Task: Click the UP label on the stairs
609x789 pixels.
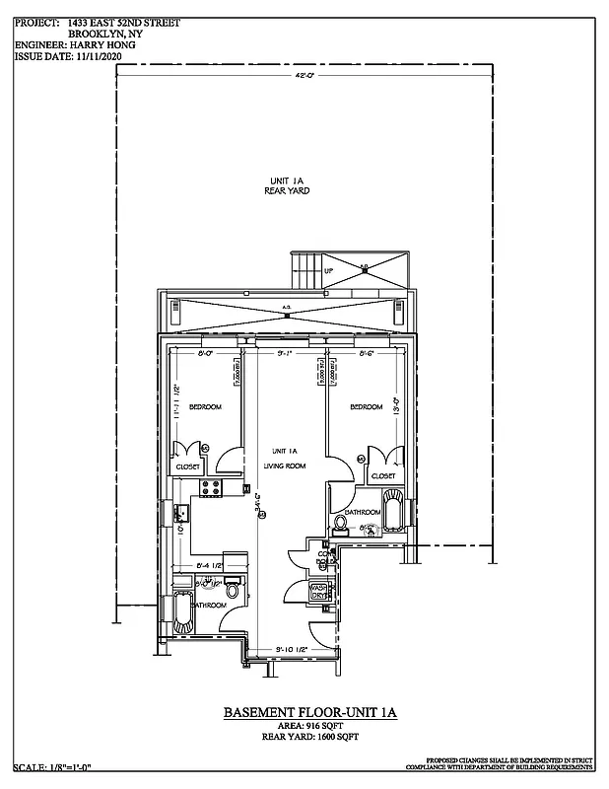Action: pyautogui.click(x=329, y=271)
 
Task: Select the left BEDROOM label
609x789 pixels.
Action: pyautogui.click(x=204, y=406)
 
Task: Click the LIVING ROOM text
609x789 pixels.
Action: pyautogui.click(x=284, y=466)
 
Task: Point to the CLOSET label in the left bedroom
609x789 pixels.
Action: pyautogui.click(x=188, y=466)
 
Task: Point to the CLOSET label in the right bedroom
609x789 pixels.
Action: pyautogui.click(x=383, y=475)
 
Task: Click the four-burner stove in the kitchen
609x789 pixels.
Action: pyautogui.click(x=211, y=487)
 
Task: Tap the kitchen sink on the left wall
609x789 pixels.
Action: pyautogui.click(x=182, y=513)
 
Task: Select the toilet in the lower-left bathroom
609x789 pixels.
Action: pyautogui.click(x=233, y=591)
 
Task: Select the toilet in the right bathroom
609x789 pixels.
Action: pyautogui.click(x=341, y=523)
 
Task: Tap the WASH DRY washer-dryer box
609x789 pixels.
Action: pyautogui.click(x=320, y=592)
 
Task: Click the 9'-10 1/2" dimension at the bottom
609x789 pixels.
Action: pyautogui.click(x=290, y=648)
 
